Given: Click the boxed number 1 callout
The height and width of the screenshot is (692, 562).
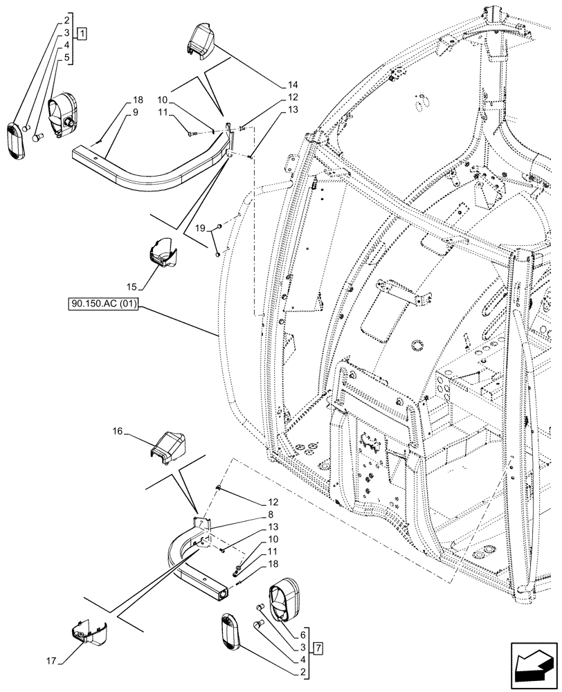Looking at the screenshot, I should point(82,33).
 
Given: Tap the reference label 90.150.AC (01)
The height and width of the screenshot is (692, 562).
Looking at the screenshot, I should point(103,304).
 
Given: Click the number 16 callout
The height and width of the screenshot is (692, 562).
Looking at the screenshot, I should point(117,430).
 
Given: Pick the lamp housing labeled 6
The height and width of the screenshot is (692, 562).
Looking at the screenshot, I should point(283,598).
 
